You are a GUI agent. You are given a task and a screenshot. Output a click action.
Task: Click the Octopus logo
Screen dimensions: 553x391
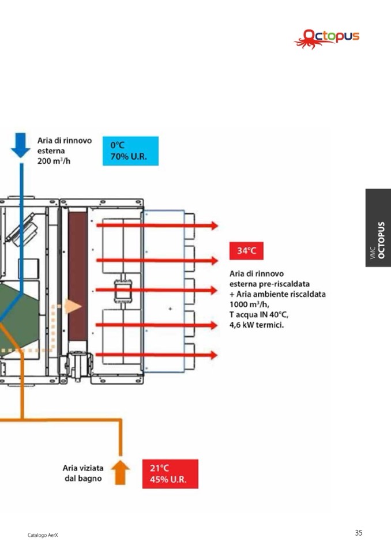coord(326,39)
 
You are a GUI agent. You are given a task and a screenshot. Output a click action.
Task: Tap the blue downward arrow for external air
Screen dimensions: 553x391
coord(21,145)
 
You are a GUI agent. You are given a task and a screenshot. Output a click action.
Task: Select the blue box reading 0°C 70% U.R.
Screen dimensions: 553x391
coord(130,151)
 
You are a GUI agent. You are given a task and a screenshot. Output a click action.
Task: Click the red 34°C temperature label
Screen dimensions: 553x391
coord(246,250)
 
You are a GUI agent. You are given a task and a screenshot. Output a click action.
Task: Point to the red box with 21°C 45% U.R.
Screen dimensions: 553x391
coord(170,474)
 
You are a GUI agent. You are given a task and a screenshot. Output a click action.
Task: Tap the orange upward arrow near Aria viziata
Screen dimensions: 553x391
coord(120,472)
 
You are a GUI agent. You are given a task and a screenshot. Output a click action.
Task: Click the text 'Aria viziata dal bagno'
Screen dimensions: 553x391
coord(83,473)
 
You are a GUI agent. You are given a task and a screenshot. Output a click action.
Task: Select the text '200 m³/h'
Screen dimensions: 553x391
coord(54,161)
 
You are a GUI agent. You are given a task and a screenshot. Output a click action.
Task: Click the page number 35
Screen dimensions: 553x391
coord(359,533)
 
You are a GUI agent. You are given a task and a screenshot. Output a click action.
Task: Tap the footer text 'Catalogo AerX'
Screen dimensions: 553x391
coord(43,536)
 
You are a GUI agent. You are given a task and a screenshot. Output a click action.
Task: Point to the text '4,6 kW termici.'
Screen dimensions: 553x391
coord(257,325)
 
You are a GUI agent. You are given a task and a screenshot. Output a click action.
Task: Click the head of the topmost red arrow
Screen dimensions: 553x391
coord(213,225)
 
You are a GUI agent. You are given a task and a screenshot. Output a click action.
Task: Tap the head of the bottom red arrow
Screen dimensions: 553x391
coord(213,355)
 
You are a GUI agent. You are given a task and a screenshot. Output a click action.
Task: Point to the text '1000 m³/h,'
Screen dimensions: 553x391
coord(250,304)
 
